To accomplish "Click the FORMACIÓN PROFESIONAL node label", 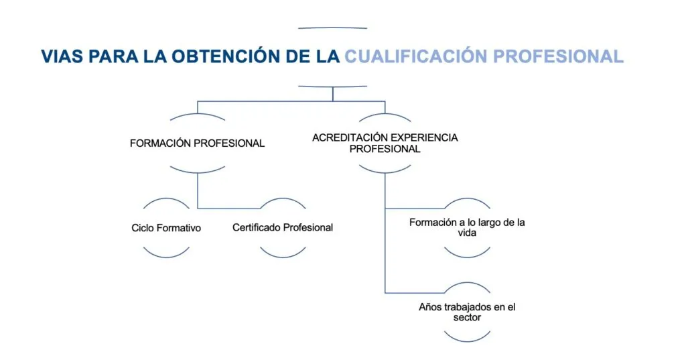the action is point(198,143).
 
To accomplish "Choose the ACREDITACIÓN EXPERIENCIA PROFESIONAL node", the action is point(385,143).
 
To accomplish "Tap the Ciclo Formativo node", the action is point(166,228).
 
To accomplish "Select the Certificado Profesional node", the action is point(283,227).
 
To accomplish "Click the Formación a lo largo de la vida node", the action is point(467,227).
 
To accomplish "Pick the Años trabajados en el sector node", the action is point(467,312).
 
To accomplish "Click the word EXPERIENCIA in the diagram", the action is point(422,137).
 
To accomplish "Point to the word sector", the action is point(467,318).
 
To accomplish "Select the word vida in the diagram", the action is point(467,233).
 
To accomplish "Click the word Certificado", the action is point(257,227).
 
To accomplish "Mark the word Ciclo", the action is point(143,228).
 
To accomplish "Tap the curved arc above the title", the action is point(332,27).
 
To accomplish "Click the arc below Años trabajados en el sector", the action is point(467,341).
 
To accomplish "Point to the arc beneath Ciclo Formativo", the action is point(166,256).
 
